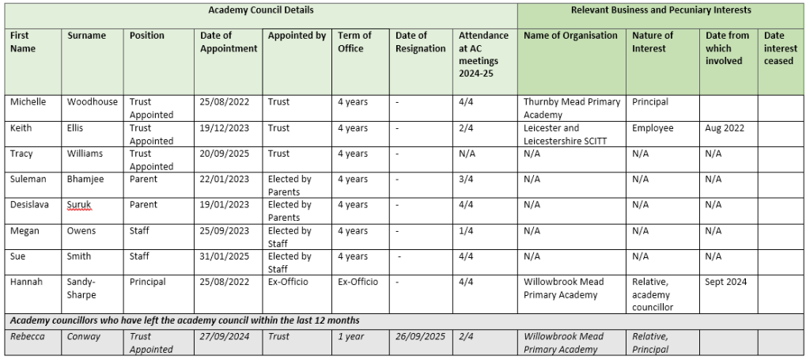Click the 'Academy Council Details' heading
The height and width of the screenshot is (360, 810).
(260, 10)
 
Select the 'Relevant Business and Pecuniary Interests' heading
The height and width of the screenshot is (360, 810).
(660, 10)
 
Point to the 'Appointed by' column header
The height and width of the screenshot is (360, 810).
(297, 36)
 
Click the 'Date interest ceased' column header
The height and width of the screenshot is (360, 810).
(779, 48)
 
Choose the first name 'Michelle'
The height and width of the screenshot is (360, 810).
(28, 102)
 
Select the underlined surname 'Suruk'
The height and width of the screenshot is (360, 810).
(81, 205)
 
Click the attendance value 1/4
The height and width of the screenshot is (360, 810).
(467, 231)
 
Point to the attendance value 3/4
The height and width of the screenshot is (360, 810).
(467, 180)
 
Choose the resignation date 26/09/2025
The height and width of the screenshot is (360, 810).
(420, 336)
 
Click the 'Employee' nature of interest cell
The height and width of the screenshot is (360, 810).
(653, 128)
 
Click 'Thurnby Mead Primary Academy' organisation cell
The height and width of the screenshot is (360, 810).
(572, 108)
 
